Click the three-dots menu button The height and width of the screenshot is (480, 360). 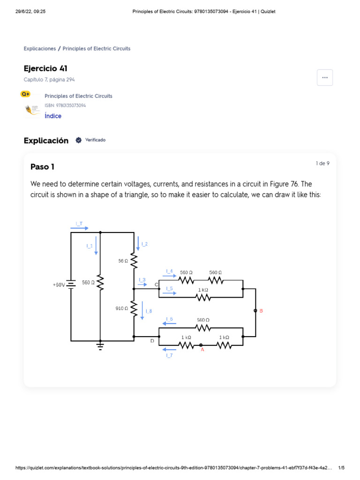point(325,78)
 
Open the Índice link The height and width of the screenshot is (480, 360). point(53,116)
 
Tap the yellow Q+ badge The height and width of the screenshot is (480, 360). point(25,94)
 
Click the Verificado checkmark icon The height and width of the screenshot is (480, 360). point(79,140)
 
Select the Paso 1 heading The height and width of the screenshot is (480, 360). point(43,167)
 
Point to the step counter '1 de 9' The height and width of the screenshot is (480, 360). point(322,163)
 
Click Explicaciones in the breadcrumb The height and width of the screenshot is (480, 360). point(39,49)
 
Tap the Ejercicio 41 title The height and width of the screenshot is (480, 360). point(45,69)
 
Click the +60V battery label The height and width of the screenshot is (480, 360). point(59,285)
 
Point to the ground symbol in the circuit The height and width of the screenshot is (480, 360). point(100,346)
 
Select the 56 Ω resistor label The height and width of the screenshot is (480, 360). point(123,261)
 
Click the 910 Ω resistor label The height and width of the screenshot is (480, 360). point(122,308)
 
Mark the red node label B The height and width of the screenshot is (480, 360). point(261,311)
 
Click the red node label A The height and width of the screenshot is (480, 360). point(202,349)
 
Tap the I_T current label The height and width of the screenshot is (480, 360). point(79,224)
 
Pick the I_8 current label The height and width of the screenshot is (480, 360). point(149,311)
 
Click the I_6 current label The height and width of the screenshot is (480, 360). point(169,319)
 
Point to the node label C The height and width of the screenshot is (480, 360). point(157,285)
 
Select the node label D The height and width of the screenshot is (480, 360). point(152,341)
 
